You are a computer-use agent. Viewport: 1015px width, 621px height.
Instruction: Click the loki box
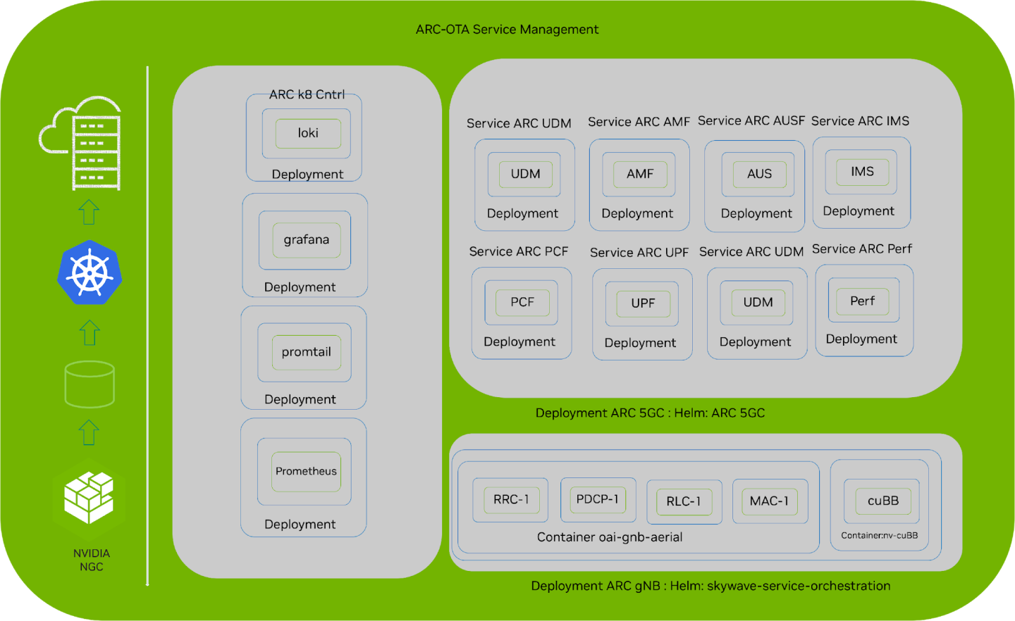tap(308, 133)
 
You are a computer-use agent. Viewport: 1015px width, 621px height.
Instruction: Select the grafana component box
tap(307, 240)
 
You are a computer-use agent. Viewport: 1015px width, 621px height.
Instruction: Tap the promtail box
tap(307, 352)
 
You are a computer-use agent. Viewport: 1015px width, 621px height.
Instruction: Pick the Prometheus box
tap(306, 471)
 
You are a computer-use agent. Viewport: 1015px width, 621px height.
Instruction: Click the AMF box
tap(640, 174)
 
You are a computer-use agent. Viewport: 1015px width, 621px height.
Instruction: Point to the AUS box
tap(759, 174)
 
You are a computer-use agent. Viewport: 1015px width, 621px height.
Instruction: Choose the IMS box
tap(862, 172)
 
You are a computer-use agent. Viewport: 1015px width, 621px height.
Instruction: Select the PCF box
tap(522, 302)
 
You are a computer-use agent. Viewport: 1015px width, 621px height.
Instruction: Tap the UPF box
tap(643, 303)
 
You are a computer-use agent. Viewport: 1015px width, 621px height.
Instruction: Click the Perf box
tap(862, 301)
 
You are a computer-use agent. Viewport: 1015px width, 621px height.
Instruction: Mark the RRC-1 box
tap(511, 499)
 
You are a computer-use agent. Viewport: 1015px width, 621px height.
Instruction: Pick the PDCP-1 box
tap(598, 499)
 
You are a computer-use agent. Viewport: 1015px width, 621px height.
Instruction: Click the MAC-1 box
tap(769, 501)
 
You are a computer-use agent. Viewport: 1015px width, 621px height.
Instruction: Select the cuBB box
tap(882, 501)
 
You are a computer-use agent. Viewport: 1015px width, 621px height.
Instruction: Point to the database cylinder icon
tap(90, 384)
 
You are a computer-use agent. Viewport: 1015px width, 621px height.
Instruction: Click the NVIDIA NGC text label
tap(92, 560)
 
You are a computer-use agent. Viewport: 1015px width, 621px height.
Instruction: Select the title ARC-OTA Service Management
tap(507, 30)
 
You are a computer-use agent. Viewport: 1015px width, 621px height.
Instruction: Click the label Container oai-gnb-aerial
tap(610, 537)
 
